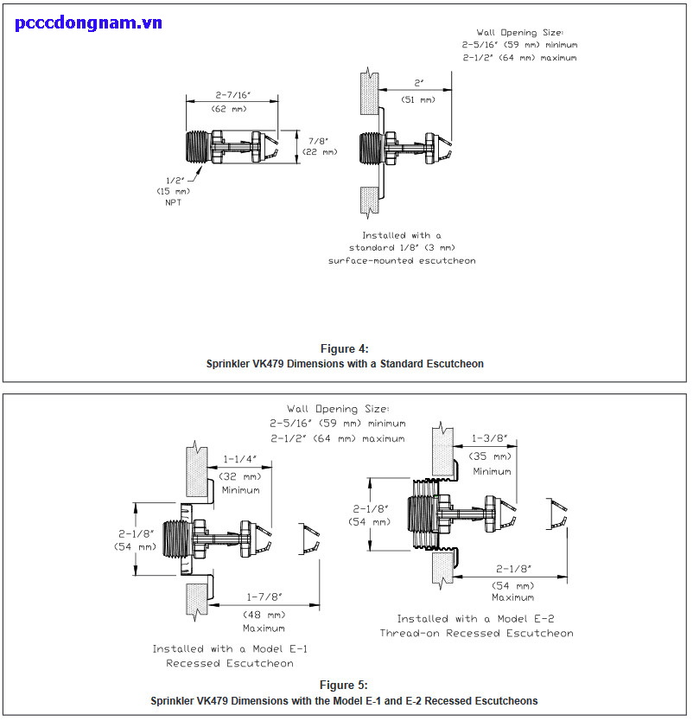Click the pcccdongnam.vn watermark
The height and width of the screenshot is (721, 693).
[89, 22]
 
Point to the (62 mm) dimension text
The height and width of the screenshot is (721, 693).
[229, 109]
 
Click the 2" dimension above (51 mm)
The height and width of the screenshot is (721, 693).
[419, 84]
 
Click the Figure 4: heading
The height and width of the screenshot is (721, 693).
[344, 348]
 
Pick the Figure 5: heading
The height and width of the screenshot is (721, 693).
[344, 685]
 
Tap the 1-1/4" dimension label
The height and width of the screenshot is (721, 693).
[240, 459]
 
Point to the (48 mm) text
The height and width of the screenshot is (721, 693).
[263, 612]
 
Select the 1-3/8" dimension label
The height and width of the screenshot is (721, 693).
[490, 439]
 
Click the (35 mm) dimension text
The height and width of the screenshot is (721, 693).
[490, 456]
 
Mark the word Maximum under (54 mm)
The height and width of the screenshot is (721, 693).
[512, 597]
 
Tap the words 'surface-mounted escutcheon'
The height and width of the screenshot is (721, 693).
[402, 259]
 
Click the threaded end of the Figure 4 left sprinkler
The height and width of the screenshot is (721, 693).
[198, 147]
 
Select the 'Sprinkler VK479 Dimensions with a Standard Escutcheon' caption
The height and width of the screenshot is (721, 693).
[344, 364]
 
